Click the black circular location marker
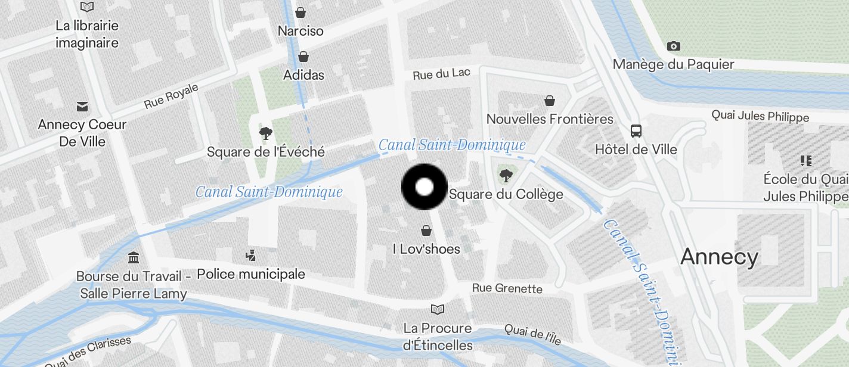coord(424,187)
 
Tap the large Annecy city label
coord(719,257)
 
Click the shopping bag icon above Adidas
coord(303,57)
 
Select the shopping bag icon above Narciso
coord(301,12)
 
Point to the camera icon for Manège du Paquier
coord(674,46)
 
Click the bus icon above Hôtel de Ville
coord(636,130)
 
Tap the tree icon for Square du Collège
coord(506,175)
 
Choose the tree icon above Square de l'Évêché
coord(265,133)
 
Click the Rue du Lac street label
coord(442,74)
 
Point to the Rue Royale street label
coord(171,97)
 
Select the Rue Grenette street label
coord(507,288)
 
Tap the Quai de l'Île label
coord(532,335)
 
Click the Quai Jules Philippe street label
coord(760,116)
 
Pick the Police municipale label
coord(251,274)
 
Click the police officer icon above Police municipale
coord(251,256)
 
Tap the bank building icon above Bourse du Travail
coord(134,258)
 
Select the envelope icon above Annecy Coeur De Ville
coord(82,107)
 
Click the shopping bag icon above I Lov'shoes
coord(426,230)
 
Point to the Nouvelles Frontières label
coord(550,119)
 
